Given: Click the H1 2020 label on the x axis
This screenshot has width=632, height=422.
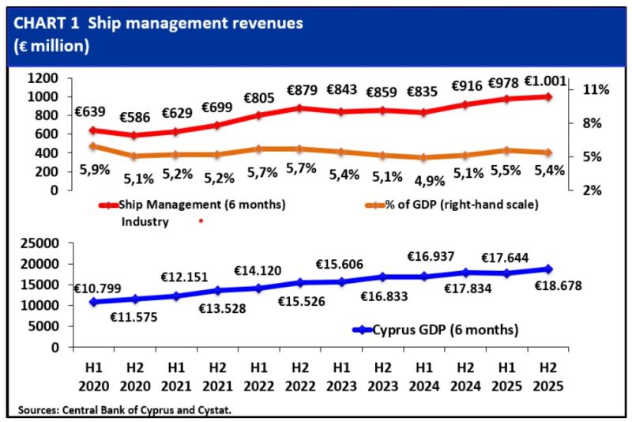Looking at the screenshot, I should pos(93,379).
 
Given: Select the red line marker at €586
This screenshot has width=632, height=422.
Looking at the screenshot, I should pos(135,135).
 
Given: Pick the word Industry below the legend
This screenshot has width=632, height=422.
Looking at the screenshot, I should pos(145,222).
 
